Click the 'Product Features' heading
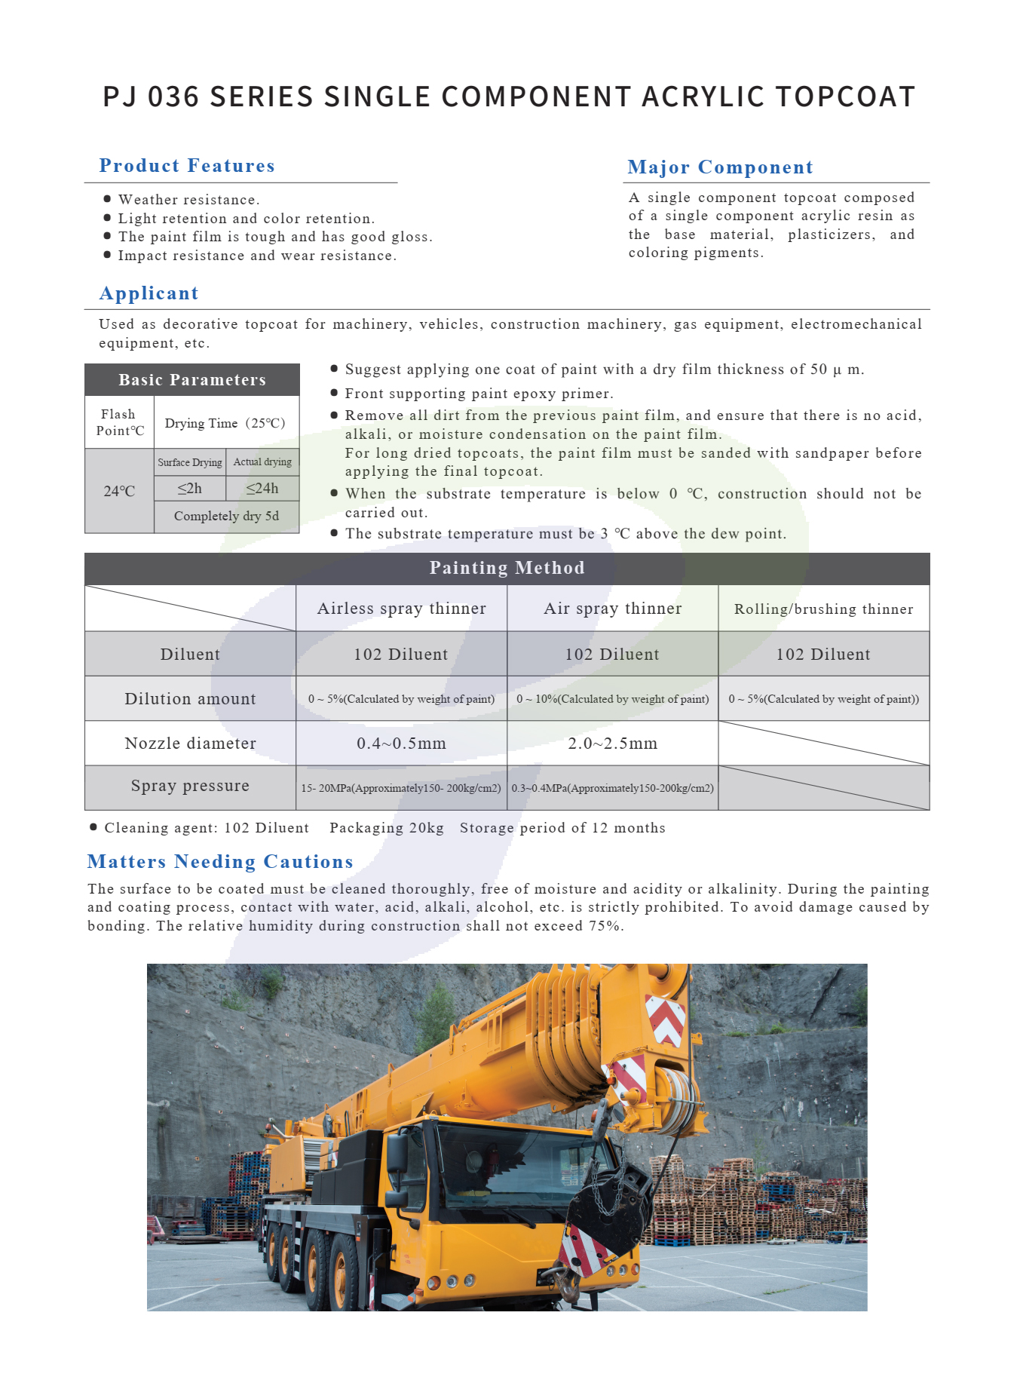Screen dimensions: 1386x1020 (187, 166)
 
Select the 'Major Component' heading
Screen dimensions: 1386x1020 (720, 167)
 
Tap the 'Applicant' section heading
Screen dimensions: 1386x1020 (149, 293)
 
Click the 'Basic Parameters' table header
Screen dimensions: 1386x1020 (192, 380)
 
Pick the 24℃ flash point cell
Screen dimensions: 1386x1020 (119, 491)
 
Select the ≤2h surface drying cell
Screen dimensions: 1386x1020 (189, 489)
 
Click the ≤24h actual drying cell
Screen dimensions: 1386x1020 (262, 489)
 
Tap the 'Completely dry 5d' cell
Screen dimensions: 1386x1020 (226, 516)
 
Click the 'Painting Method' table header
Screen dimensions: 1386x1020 (507, 568)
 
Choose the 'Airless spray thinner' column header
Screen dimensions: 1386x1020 (401, 609)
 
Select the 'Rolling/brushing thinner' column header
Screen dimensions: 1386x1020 (823, 609)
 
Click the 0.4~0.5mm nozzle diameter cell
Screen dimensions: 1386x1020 (401, 744)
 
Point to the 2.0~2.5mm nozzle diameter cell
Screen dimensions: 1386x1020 (612, 744)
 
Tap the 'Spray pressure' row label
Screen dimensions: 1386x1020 (190, 786)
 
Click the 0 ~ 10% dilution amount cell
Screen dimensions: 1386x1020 (612, 699)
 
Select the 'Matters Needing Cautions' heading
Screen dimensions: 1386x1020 (220, 862)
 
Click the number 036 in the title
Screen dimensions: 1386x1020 (173, 97)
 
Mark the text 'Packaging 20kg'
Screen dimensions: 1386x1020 (387, 828)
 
